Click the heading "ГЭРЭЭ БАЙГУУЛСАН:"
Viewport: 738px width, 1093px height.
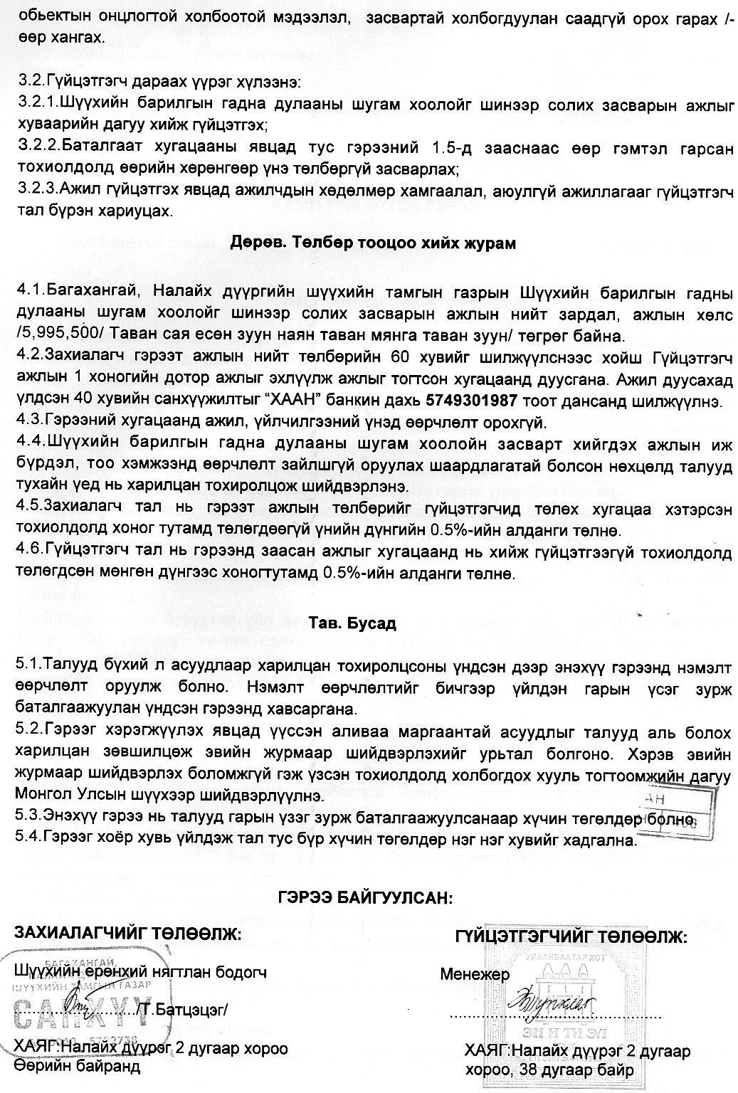[x=365, y=897]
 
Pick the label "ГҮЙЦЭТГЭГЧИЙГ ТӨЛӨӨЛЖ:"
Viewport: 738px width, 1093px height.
[x=571, y=937]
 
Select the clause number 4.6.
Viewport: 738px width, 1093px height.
[x=28, y=550]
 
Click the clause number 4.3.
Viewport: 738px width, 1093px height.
[x=28, y=423]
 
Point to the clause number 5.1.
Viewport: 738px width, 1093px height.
[x=28, y=664]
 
